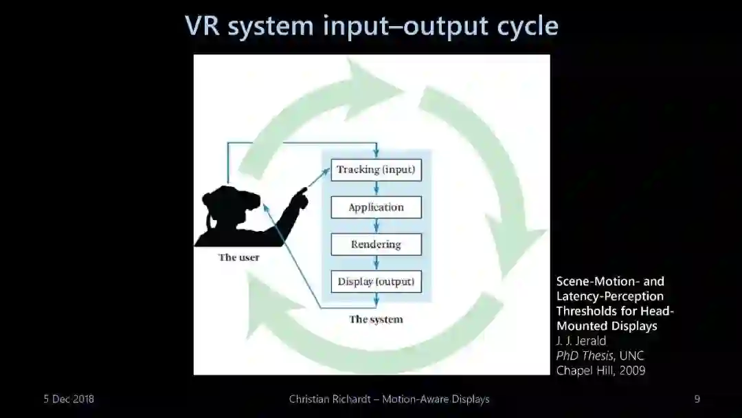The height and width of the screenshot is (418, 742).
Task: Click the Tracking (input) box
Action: (x=376, y=170)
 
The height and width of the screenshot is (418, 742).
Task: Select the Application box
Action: (x=376, y=207)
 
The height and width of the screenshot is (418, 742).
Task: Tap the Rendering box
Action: (x=376, y=244)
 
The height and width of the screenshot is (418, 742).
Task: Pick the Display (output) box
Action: (x=376, y=281)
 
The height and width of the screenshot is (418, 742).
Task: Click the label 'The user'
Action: (x=239, y=258)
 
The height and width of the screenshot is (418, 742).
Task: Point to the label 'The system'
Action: (x=376, y=319)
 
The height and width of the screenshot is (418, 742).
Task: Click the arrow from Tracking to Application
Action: (x=376, y=188)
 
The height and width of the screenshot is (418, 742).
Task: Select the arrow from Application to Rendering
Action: (x=376, y=225)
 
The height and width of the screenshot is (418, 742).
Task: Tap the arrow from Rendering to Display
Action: (x=376, y=263)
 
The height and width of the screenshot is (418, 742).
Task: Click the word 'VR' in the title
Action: (x=203, y=26)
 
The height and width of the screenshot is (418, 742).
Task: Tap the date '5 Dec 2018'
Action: (x=69, y=399)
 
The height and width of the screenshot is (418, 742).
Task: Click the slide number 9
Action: (x=697, y=399)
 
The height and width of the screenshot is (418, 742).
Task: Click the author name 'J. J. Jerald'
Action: (x=581, y=341)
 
